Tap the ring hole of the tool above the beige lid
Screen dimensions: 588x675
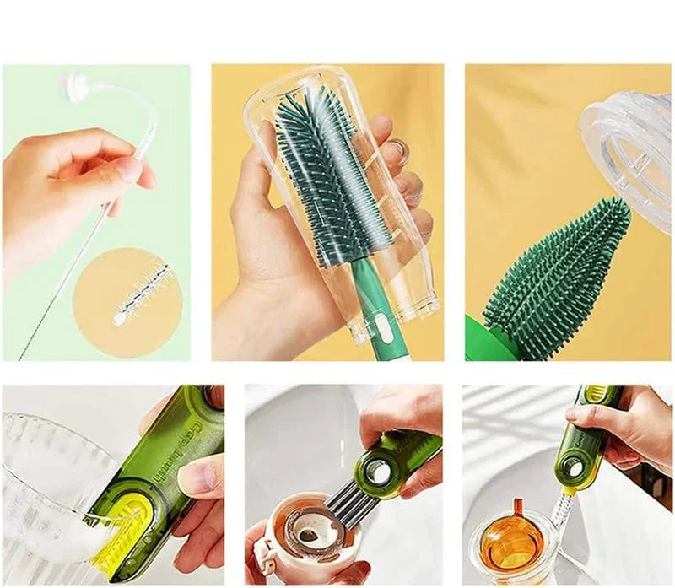[x=377, y=473]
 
